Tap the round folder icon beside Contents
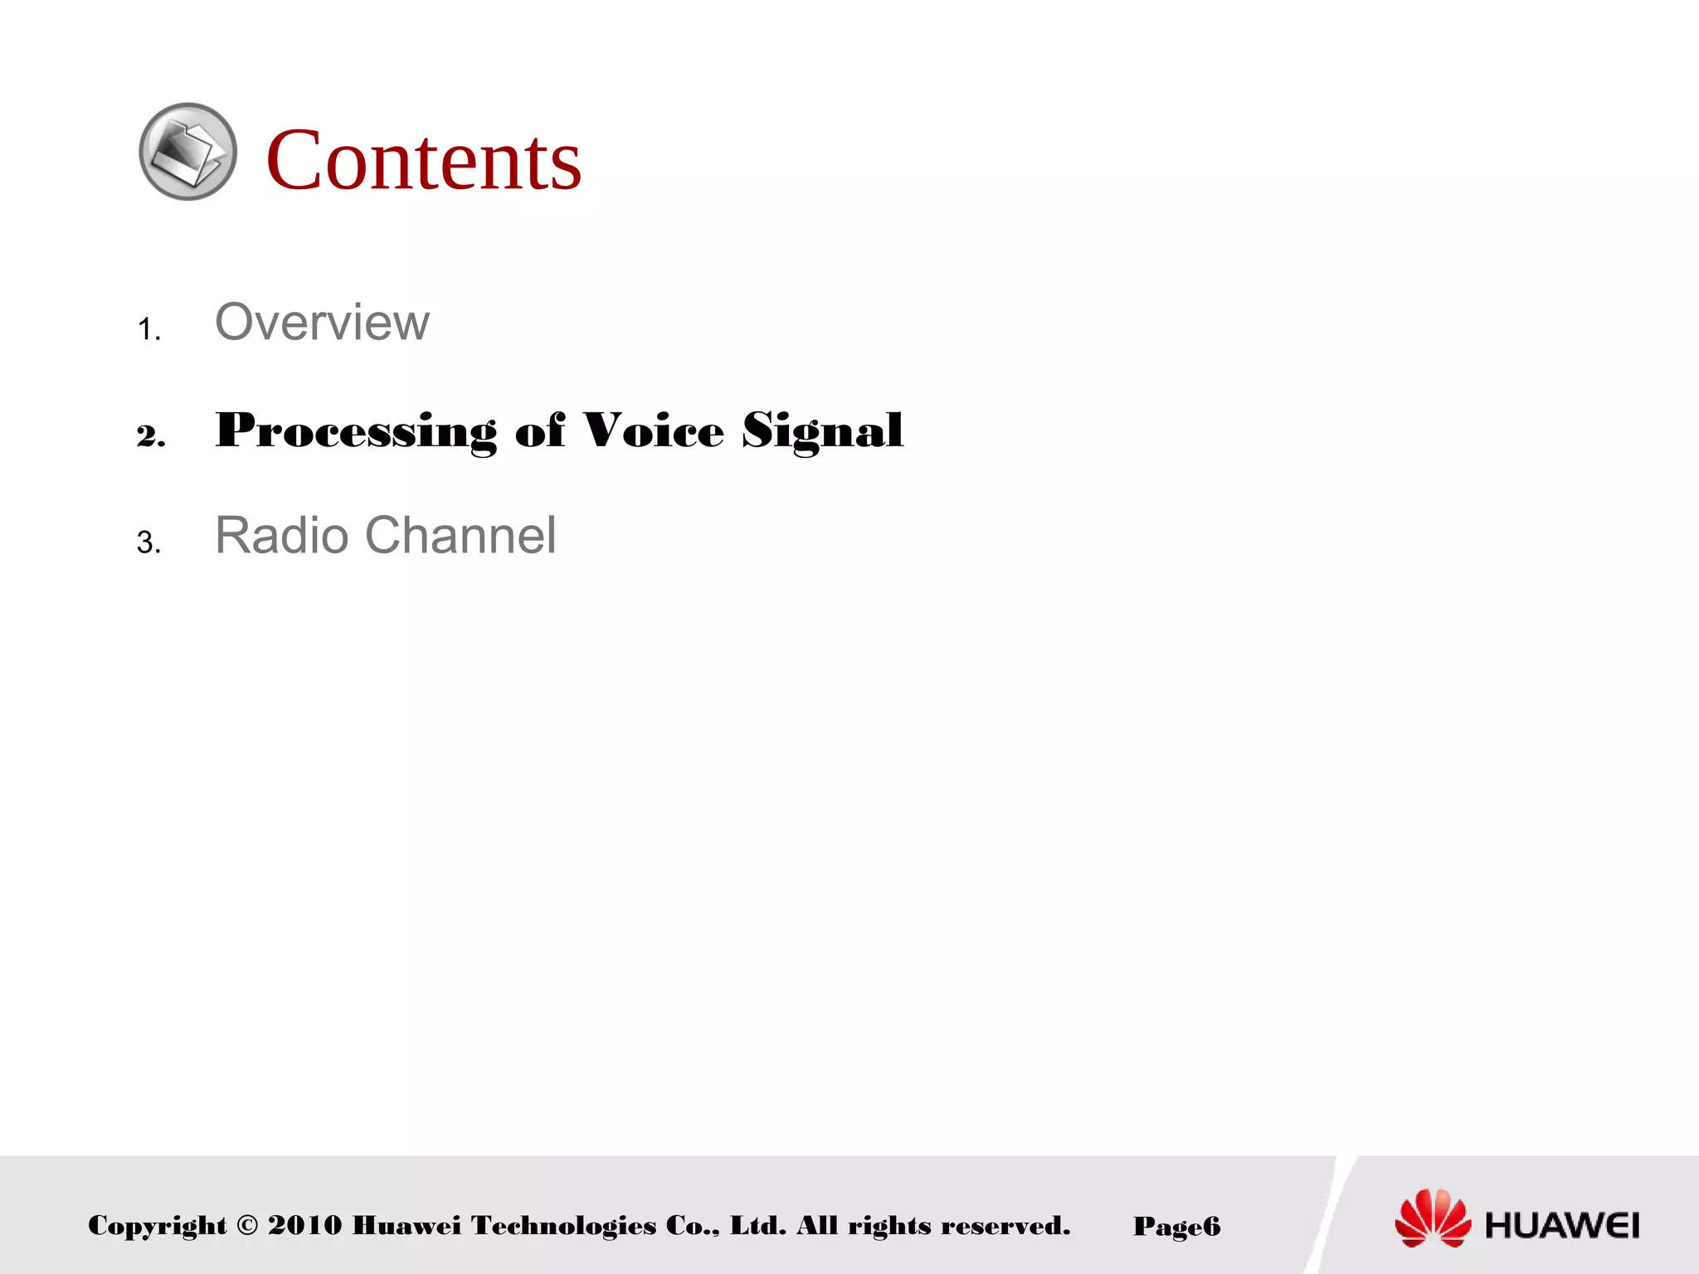(x=187, y=151)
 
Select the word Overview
(x=322, y=322)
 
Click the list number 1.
(x=148, y=330)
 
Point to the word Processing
(x=355, y=430)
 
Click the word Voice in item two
(x=653, y=430)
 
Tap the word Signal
(x=822, y=430)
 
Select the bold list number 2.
(x=150, y=435)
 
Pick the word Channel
(x=460, y=535)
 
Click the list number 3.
(x=148, y=542)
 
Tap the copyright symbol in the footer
(x=247, y=1225)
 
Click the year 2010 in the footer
(x=304, y=1225)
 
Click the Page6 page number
(x=1176, y=1226)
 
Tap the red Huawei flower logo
(x=1433, y=1218)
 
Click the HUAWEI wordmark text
(x=1562, y=1225)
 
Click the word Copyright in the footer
(x=157, y=1226)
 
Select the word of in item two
(x=539, y=430)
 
